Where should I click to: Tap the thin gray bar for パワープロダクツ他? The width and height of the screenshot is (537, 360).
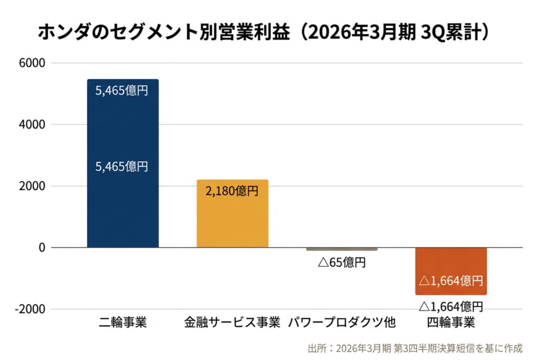341,249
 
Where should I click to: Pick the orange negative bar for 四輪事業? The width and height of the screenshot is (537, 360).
451,271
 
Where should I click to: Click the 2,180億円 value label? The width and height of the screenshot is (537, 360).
232,191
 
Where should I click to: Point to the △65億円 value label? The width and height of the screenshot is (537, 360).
341,262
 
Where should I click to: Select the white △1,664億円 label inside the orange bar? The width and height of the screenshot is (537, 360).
451,282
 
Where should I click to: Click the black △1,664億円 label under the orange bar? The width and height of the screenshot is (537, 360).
451,306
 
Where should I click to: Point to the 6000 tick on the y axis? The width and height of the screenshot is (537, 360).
33,63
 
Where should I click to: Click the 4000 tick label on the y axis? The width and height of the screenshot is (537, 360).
33,125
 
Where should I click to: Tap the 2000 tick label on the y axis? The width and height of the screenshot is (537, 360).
33,186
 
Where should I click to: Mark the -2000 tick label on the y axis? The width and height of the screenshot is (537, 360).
31,309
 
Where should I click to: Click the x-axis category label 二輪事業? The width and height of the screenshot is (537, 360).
123,322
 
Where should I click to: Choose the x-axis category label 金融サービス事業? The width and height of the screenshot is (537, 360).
232,322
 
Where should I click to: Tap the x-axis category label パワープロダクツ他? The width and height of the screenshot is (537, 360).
341,322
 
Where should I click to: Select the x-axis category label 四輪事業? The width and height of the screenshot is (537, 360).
451,322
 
